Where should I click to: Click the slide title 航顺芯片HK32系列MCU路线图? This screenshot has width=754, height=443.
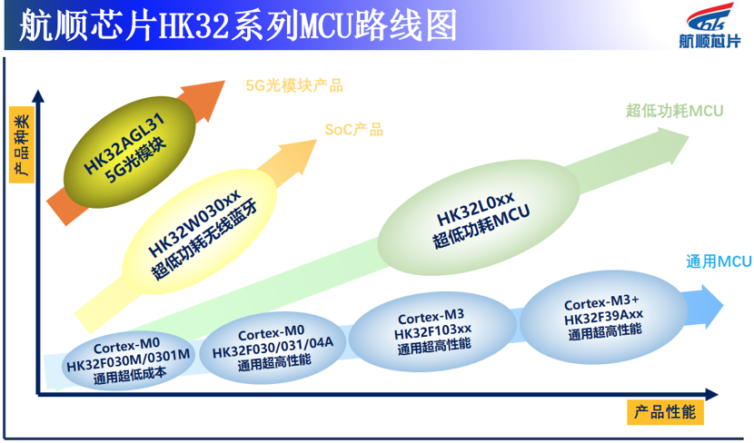[x=238, y=25]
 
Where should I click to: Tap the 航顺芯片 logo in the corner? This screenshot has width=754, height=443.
[x=709, y=26]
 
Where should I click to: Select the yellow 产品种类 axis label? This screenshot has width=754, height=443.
[x=22, y=144]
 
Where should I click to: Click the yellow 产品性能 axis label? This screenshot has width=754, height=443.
[x=665, y=412]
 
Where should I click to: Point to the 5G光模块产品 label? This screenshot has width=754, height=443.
[x=294, y=85]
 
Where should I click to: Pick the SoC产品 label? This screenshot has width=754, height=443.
[x=354, y=129]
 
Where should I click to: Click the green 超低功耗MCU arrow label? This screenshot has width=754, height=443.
[x=674, y=111]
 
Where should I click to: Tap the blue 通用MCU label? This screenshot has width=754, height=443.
[x=719, y=261]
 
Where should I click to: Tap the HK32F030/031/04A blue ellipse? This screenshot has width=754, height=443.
[x=273, y=347]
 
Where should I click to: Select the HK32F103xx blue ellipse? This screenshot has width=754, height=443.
[x=432, y=331]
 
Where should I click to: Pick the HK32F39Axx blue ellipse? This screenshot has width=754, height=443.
[x=603, y=317]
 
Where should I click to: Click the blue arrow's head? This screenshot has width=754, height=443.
[x=711, y=306]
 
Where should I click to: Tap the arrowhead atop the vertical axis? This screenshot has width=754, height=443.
[x=38, y=95]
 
